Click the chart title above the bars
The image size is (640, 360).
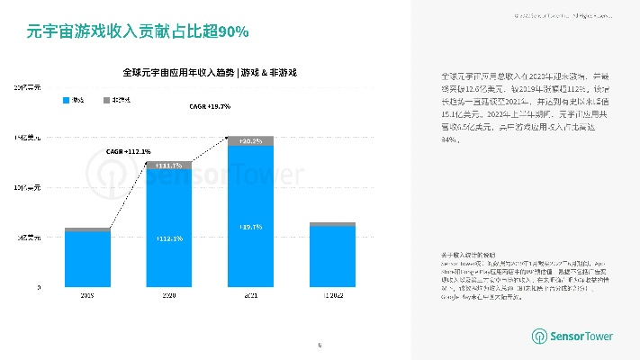pyautogui.click(x=210, y=72)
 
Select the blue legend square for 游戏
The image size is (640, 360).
pyautogui.click(x=66, y=100)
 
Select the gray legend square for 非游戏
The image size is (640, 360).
pyautogui.click(x=106, y=100)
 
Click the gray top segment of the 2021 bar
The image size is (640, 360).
pyautogui.click(x=250, y=140)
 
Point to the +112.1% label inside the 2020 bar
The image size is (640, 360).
pyautogui.click(x=168, y=238)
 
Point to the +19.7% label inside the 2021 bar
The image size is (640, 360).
pyautogui.click(x=250, y=227)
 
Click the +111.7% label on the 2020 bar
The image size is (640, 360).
pyautogui.click(x=168, y=166)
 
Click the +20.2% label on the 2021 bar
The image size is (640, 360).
pyautogui.click(x=250, y=141)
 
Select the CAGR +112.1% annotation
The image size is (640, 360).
pyautogui.click(x=128, y=151)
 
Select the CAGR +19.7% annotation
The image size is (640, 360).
pyautogui.click(x=210, y=106)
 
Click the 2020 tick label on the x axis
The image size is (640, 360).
pyautogui.click(x=168, y=294)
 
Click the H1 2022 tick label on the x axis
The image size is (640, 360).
pyautogui.click(x=332, y=294)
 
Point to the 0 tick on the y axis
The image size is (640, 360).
pyautogui.click(x=39, y=287)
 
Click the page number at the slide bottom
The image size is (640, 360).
pyautogui.click(x=320, y=345)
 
